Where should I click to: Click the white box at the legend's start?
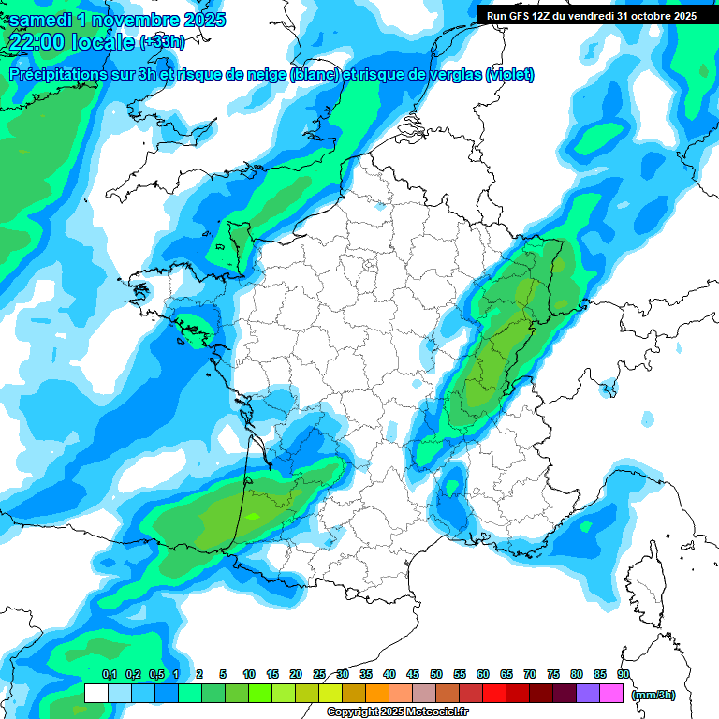tap(96, 694)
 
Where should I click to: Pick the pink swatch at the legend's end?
tap(611, 694)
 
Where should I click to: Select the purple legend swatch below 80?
tap(588, 694)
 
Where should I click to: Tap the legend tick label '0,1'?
tap(110, 674)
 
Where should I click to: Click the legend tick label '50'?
tap(436, 674)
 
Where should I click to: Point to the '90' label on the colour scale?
tap(624, 674)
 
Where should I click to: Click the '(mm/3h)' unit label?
tap(653, 695)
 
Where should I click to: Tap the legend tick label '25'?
tap(319, 674)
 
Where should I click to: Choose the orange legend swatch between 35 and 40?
tap(377, 694)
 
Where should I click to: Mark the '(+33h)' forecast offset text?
tap(162, 42)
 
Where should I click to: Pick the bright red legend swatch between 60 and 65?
tap(494, 694)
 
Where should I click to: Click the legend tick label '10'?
tap(249, 674)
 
